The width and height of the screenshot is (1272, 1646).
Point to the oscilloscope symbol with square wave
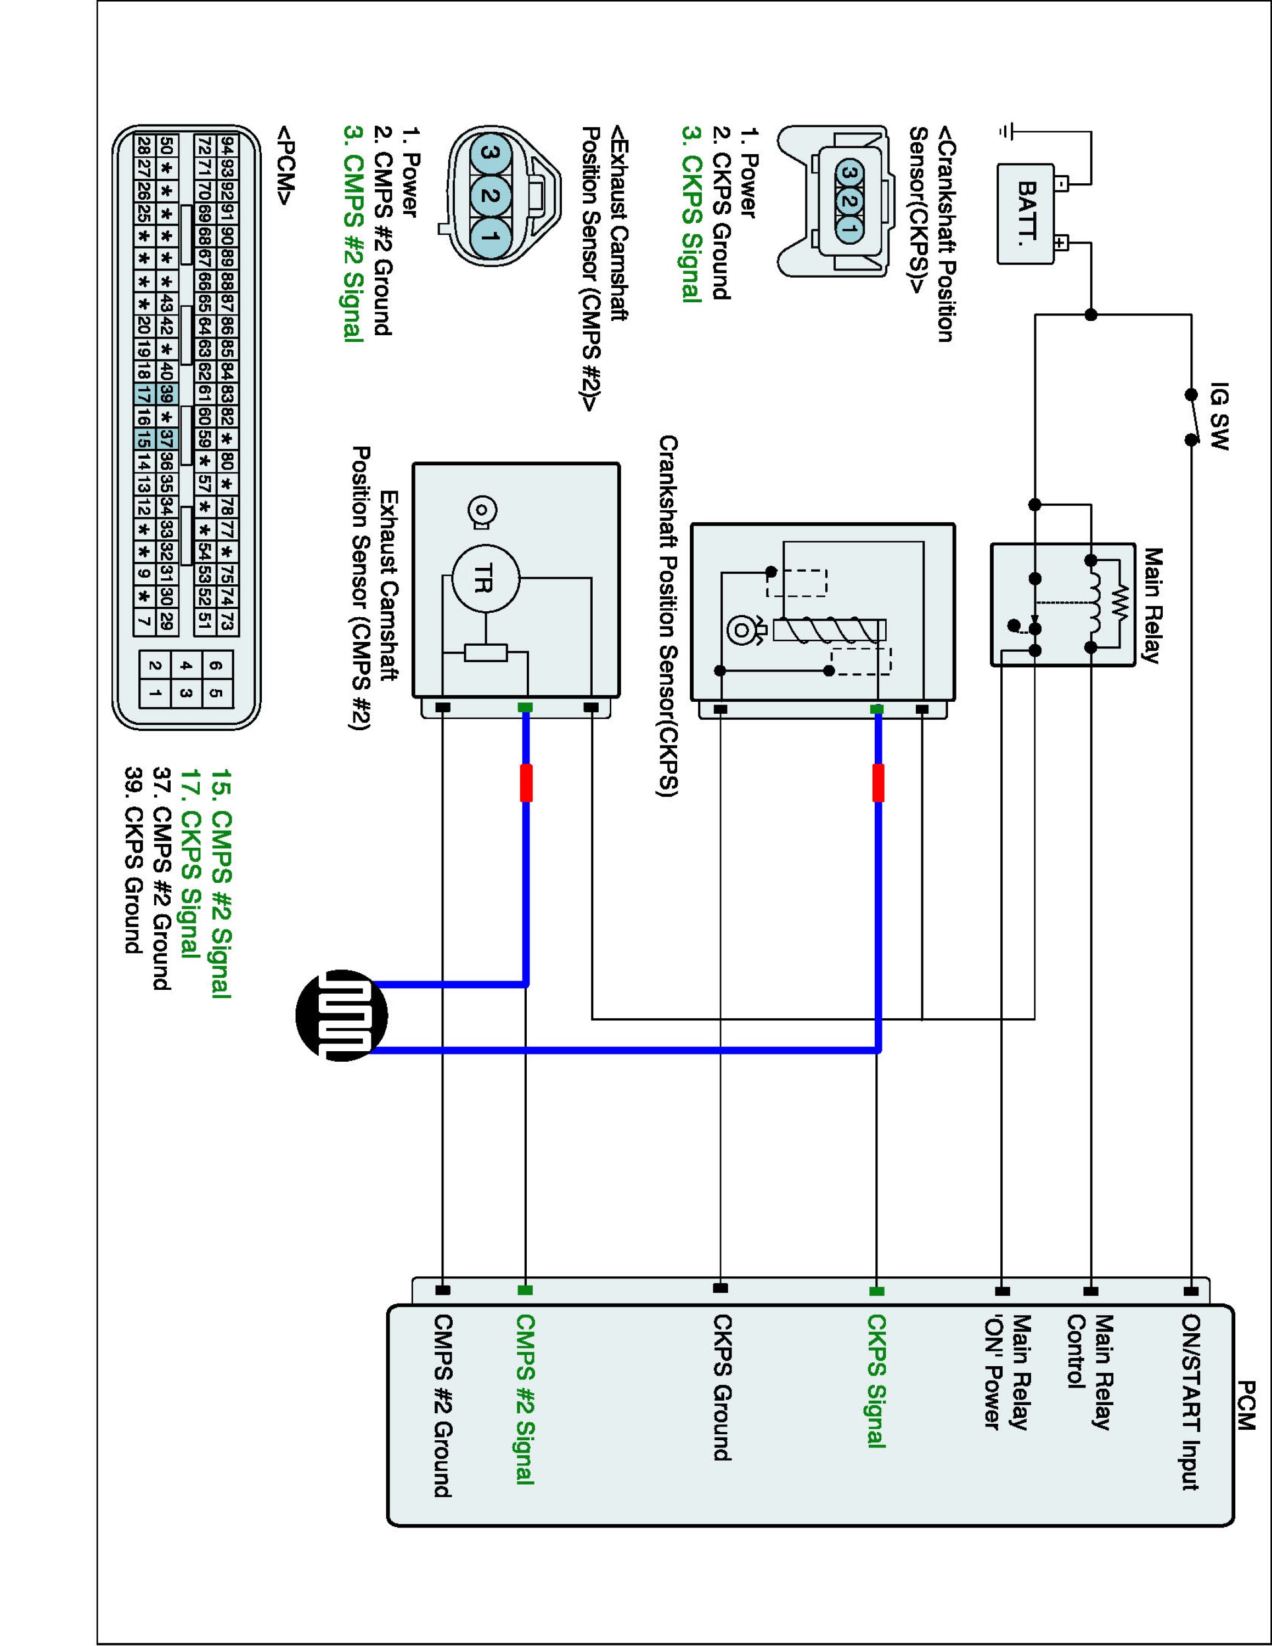[342, 1015]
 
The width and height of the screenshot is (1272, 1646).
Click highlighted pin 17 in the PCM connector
[144, 393]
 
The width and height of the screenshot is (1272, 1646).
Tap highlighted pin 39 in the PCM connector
[166, 393]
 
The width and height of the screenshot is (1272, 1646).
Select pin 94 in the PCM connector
[228, 145]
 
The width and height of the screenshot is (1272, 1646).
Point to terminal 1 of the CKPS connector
[850, 226]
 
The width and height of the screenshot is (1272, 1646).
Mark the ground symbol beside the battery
[1005, 131]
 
